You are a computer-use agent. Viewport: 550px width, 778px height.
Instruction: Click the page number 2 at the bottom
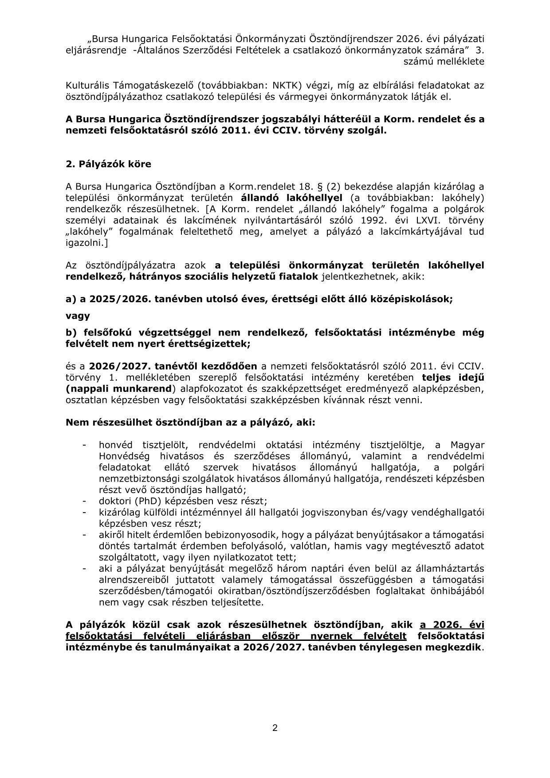(x=275, y=728)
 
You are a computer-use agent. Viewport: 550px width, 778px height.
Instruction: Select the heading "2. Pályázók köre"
(x=108, y=164)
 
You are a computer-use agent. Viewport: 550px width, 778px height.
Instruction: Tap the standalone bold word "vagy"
(x=78, y=316)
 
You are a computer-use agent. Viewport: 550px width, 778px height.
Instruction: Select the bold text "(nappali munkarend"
(x=118, y=389)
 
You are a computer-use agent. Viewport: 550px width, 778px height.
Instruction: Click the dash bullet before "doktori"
(x=84, y=501)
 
